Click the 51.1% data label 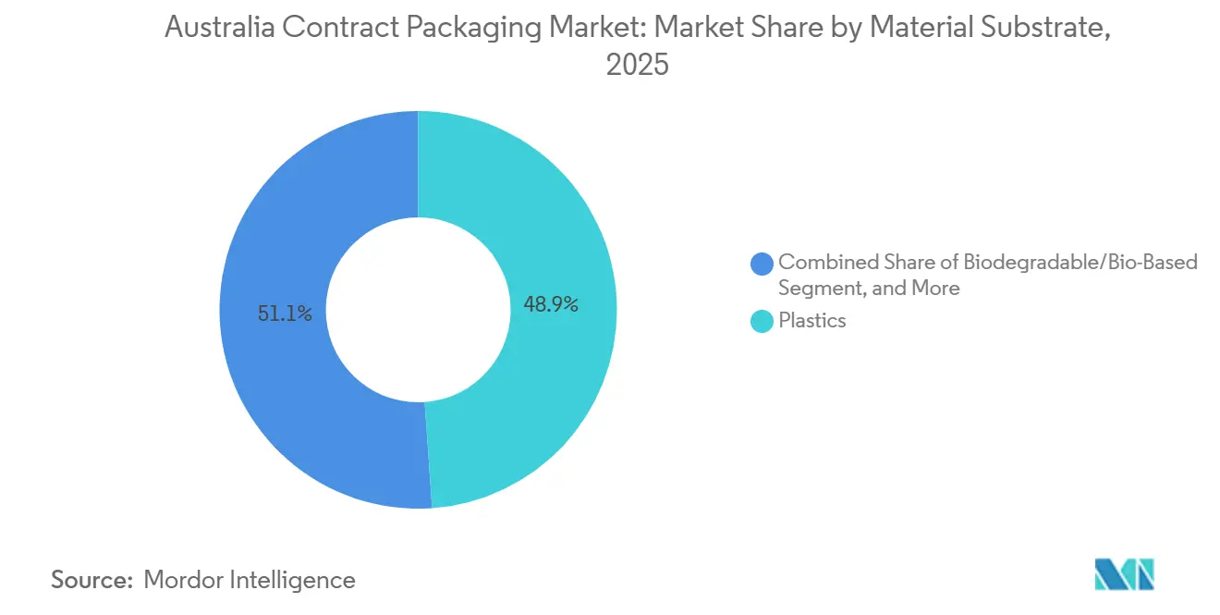pyautogui.click(x=286, y=314)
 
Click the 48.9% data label pyautogui.click(x=551, y=304)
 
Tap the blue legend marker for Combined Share pyautogui.click(x=762, y=263)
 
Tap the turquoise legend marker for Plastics pyautogui.click(x=762, y=321)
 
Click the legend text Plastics pyautogui.click(x=811, y=321)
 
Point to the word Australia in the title pyautogui.click(x=218, y=29)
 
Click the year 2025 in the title pyautogui.click(x=637, y=66)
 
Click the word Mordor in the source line pyautogui.click(x=185, y=580)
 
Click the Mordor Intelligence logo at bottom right pyautogui.click(x=1124, y=574)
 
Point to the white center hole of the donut pyautogui.click(x=419, y=310)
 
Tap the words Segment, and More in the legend pyautogui.click(x=869, y=289)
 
